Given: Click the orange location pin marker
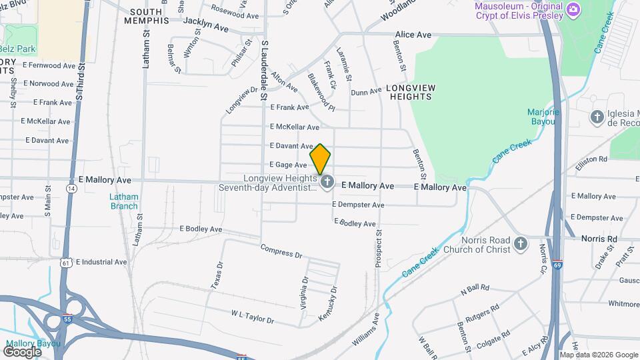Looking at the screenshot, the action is click(x=320, y=159).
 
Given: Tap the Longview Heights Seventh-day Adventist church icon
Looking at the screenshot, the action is click(x=327, y=181).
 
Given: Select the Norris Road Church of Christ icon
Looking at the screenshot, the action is click(x=521, y=245).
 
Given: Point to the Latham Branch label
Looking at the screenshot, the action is click(x=124, y=201).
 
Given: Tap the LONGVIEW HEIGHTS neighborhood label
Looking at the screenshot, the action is click(x=410, y=92).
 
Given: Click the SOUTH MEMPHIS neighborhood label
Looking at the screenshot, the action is click(x=147, y=16).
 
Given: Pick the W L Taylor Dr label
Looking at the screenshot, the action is click(x=253, y=316).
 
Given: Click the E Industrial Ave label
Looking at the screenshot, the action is click(x=101, y=262).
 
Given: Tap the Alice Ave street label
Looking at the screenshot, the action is click(x=414, y=34).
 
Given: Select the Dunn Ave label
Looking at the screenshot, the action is click(x=366, y=91).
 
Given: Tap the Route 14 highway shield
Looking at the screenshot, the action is click(x=71, y=188).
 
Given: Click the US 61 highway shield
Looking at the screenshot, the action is click(x=65, y=263).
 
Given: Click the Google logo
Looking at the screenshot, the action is click(x=22, y=351).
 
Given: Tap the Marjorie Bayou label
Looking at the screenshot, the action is click(x=543, y=117).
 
